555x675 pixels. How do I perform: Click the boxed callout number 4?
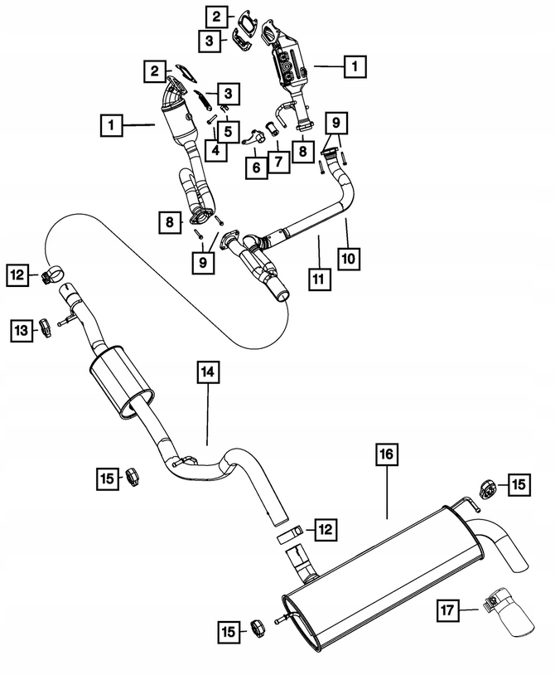[x=216, y=150]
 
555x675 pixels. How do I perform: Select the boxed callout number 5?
[x=228, y=131]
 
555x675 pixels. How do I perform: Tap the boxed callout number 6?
[x=256, y=168]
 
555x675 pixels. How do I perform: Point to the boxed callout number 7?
[x=278, y=162]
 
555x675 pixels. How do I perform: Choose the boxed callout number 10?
[x=349, y=259]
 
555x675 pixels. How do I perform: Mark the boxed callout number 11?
[x=319, y=279]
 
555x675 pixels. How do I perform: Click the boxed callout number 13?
[x=22, y=331]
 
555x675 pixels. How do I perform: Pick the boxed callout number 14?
[x=208, y=373]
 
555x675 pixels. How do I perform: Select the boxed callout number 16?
[x=387, y=454]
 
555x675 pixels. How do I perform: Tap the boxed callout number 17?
[x=447, y=610]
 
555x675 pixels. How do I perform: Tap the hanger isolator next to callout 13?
[x=46, y=328]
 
